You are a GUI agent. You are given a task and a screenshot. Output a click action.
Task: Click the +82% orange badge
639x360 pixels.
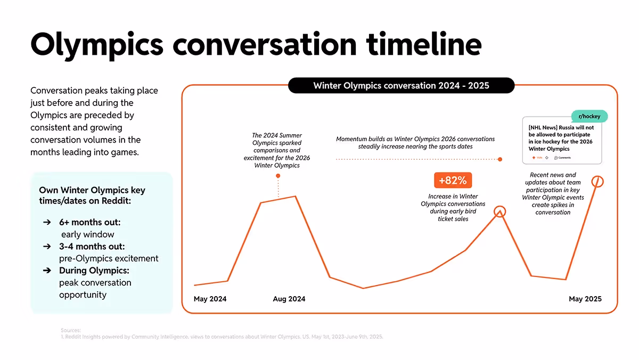tap(453, 181)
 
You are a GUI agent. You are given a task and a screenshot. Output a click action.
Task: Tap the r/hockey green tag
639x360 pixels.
tap(589, 116)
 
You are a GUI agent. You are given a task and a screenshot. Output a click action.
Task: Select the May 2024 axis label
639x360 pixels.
tap(210, 299)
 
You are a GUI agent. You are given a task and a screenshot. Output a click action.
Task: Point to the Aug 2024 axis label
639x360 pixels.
tap(289, 299)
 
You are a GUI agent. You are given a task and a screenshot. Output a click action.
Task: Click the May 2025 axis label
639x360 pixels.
tap(585, 299)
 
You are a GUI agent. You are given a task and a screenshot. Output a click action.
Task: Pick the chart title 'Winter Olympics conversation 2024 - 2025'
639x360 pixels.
tap(401, 85)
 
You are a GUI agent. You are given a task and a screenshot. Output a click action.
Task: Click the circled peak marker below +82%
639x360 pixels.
tap(499, 211)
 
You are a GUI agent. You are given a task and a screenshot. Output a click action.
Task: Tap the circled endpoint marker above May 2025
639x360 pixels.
tap(598, 182)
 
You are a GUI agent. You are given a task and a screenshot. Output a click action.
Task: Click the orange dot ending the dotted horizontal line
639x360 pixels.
tap(499, 159)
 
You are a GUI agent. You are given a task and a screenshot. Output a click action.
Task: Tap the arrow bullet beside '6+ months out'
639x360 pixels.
tap(47, 222)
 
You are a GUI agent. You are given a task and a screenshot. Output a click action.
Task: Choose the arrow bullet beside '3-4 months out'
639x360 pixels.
tap(47, 247)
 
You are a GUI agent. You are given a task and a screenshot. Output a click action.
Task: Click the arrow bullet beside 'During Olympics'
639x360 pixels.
tap(47, 271)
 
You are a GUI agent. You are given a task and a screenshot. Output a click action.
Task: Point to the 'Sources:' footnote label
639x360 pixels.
tap(71, 330)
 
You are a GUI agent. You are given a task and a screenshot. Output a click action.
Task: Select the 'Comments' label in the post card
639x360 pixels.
tap(564, 158)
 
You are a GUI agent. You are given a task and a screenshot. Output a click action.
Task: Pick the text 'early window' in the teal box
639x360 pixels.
tap(87, 234)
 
